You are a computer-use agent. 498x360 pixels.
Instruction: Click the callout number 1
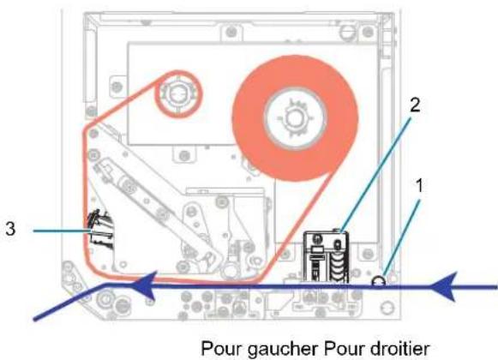pos(419,185)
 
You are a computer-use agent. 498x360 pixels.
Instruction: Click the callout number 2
pos(415,105)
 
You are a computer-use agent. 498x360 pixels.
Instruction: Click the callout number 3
pos(10,229)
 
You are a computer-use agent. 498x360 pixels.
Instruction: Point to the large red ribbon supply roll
pos(296,118)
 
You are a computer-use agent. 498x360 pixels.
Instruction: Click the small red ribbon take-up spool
pos(178,94)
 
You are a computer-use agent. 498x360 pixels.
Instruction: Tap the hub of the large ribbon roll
pos(296,118)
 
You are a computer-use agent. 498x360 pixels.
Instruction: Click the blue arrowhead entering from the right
pos(444,286)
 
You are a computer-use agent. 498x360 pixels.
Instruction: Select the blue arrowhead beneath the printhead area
pos(145,285)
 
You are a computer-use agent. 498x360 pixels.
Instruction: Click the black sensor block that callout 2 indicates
pos(327,257)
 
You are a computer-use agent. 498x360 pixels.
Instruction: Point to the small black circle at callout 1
pos(379,281)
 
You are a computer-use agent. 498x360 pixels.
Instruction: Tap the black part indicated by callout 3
pos(100,230)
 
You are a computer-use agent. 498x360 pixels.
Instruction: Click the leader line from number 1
pos(402,237)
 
